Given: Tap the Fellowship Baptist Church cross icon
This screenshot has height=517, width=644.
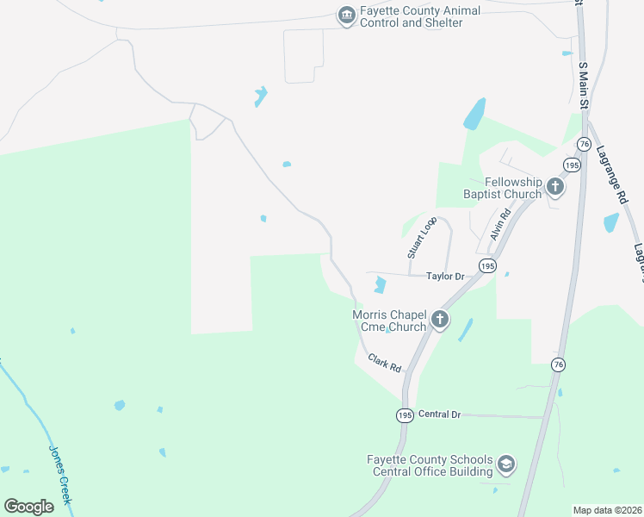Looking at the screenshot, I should coord(555,186).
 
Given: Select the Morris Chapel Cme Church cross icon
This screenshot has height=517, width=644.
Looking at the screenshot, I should coord(439,321).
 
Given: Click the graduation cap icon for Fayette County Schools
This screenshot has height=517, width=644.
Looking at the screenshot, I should coord(506,464).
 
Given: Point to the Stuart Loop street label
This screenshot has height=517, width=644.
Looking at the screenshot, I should coord(422,238).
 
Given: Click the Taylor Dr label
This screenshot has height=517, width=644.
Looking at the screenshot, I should coord(446,277).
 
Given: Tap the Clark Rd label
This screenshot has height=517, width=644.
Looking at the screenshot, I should coord(385,363).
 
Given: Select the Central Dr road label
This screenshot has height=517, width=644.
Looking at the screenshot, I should coord(440,414).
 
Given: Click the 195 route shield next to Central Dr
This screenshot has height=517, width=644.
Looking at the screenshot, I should coord(405,415).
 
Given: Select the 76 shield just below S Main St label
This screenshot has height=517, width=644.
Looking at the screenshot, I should coord(585,143).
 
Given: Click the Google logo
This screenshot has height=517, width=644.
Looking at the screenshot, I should coord(29,507).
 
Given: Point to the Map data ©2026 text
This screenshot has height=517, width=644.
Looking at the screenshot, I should coord(608,510).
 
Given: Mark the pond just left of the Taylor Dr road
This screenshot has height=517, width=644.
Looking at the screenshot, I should coord(380,283).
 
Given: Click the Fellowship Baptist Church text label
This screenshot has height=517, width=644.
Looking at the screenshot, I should coord(513,188).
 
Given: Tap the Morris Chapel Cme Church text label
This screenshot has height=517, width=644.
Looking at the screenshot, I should coord(389,321).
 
